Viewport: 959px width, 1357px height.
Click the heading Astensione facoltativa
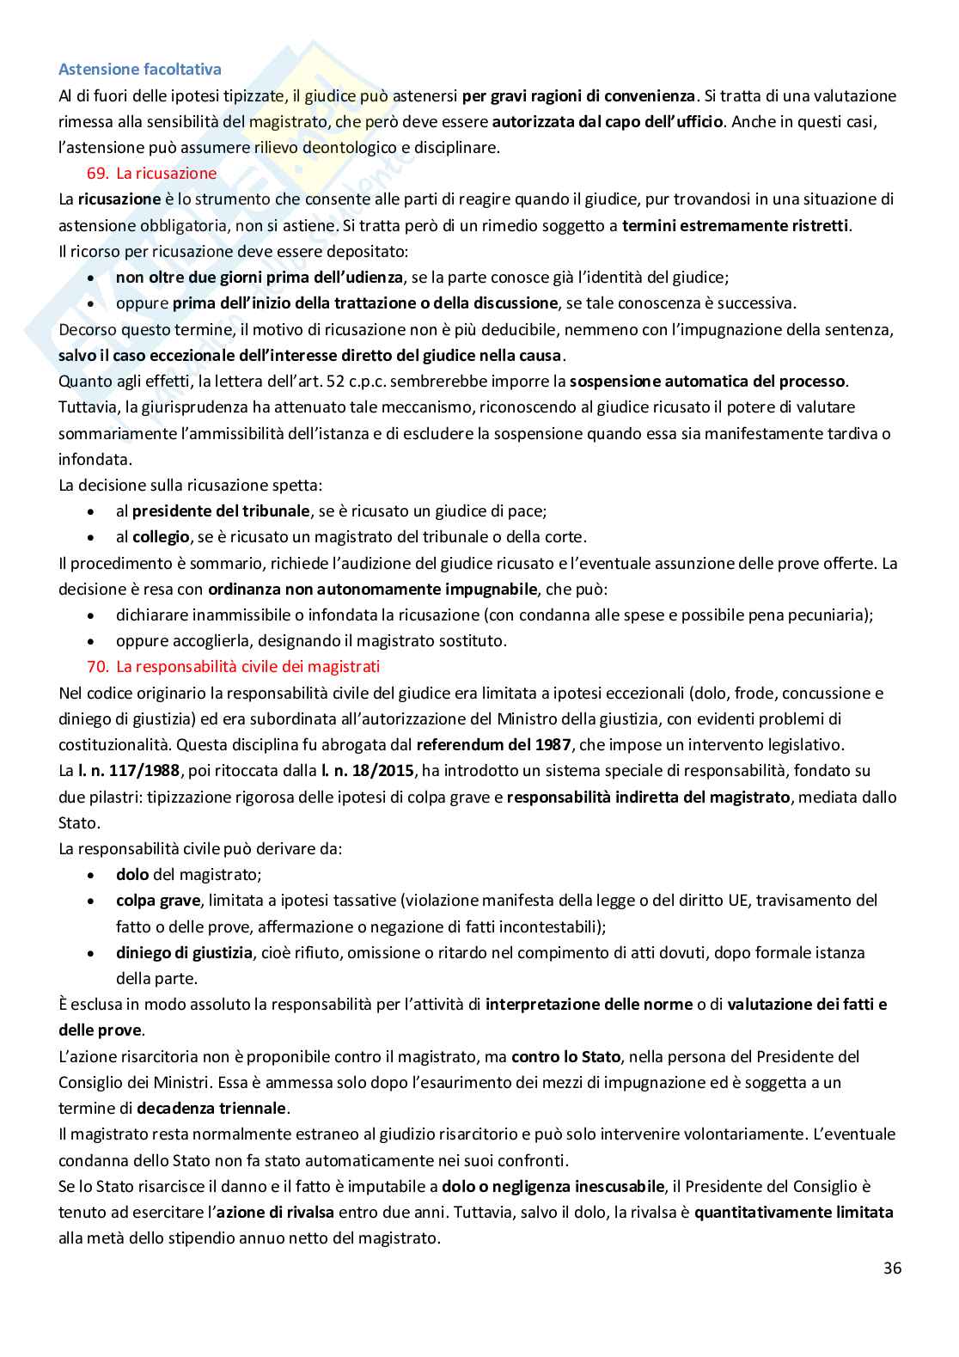139,70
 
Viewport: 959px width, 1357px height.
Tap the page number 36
892,1268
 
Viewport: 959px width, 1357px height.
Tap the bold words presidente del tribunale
221,510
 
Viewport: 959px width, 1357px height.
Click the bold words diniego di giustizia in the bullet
184,952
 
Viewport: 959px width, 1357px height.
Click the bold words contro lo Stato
560,1056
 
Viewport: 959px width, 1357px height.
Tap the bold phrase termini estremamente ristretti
736,225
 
